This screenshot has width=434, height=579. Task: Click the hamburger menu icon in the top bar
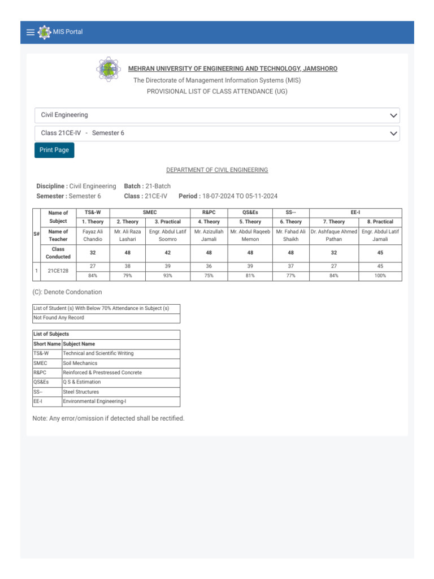[31, 32]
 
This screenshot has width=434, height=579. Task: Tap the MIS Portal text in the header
[67, 32]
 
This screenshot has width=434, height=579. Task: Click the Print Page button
[54, 150]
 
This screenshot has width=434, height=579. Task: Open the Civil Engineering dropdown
[217, 115]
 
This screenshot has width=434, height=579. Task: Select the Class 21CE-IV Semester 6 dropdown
[217, 133]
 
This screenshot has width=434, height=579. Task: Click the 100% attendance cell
[380, 276]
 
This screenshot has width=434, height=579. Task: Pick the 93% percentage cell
[167, 276]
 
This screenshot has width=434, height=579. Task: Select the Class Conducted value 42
[167, 253]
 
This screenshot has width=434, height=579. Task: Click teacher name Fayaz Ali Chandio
[93, 235]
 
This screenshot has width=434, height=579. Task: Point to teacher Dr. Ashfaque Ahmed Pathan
[333, 235]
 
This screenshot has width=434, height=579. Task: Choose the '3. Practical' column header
[167, 222]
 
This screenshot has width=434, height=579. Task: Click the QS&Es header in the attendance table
[250, 212]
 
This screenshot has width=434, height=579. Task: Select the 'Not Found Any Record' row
[106, 318]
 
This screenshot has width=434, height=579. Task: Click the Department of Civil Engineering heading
[217, 170]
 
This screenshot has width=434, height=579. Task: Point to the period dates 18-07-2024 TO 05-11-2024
[240, 196]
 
